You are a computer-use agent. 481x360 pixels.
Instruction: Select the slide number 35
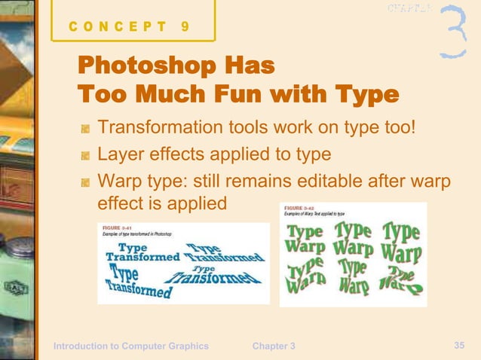pyautogui.click(x=459, y=344)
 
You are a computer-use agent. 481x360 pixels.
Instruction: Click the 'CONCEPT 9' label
pyautogui.click(x=129, y=27)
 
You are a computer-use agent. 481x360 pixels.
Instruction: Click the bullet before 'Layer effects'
pyautogui.click(x=86, y=156)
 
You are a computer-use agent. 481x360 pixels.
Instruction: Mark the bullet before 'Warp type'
pyautogui.click(x=86, y=184)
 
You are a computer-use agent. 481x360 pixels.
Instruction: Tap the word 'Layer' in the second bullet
pyautogui.click(x=121, y=154)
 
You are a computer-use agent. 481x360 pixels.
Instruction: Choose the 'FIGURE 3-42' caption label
pyautogui.click(x=299, y=208)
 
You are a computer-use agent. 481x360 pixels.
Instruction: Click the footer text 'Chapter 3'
pyautogui.click(x=274, y=346)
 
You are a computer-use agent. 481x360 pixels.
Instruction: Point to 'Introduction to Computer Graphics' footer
pyautogui.click(x=130, y=346)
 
